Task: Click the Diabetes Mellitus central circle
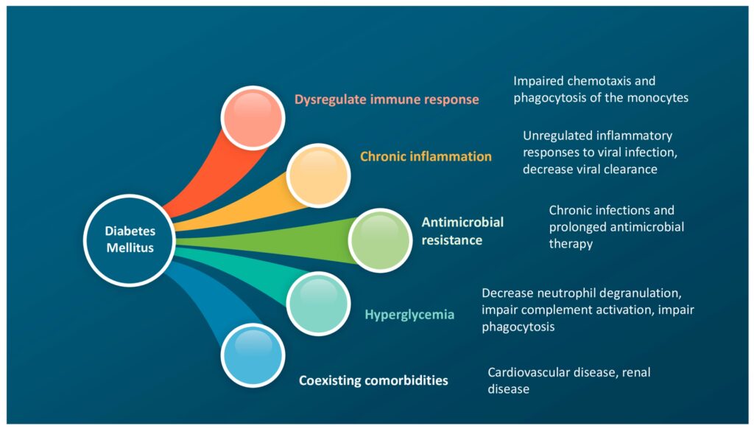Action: (x=130, y=239)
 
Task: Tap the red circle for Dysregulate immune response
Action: (x=253, y=117)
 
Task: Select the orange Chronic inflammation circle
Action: (x=317, y=175)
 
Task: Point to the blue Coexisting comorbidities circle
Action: (x=253, y=355)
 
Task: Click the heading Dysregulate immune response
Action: (x=387, y=99)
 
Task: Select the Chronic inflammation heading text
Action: (x=426, y=156)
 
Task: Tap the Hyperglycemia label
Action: (x=409, y=315)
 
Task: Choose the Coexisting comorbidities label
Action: (x=373, y=380)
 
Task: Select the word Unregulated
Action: (x=558, y=136)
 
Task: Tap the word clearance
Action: (x=629, y=170)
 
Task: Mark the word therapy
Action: (x=571, y=244)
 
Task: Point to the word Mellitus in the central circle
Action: (x=130, y=248)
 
